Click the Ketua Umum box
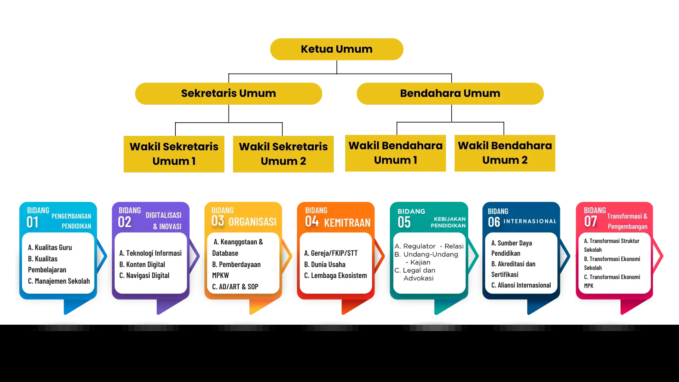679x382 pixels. click(336, 49)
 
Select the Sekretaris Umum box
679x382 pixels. click(228, 93)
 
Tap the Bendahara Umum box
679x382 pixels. click(450, 93)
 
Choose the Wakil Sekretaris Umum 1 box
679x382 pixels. click(174, 154)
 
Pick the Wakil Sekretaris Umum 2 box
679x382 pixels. click(283, 154)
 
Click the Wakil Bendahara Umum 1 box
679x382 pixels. click(396, 153)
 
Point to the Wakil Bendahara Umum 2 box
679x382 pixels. click(505, 153)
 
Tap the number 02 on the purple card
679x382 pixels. click(124, 222)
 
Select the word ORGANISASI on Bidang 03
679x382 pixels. click(252, 222)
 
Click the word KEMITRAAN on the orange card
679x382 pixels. click(347, 222)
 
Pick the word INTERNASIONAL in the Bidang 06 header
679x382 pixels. click(529, 221)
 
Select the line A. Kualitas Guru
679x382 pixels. click(50, 248)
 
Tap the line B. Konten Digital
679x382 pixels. click(142, 265)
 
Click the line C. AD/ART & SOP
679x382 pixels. click(235, 287)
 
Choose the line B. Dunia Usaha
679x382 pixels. click(325, 265)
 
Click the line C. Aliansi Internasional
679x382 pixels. click(521, 285)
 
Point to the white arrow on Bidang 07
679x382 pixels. click(657, 255)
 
